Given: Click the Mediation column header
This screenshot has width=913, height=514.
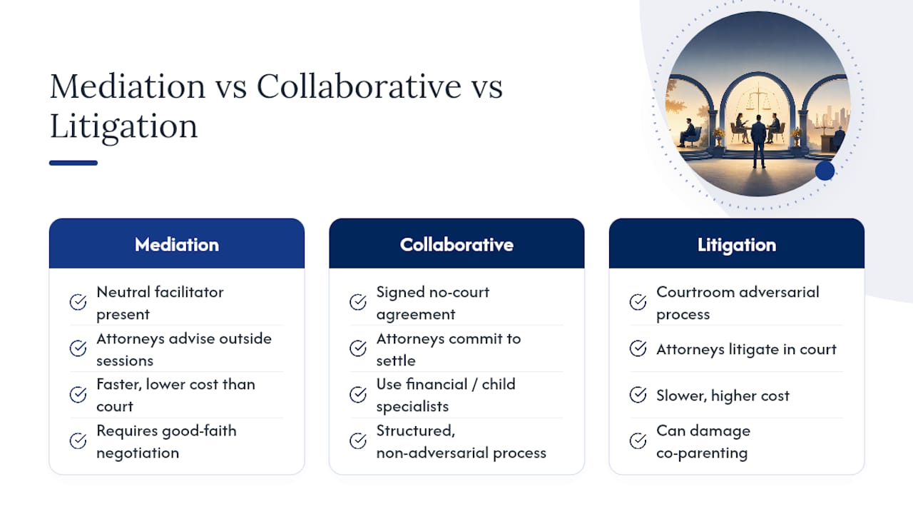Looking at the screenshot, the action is click(x=176, y=244).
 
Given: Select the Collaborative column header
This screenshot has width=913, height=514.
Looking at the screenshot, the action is click(x=456, y=244).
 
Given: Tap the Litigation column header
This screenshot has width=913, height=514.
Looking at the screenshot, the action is click(x=737, y=244).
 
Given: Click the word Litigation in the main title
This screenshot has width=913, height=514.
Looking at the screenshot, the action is click(x=123, y=127).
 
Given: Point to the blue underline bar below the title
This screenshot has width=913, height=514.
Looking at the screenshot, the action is click(x=73, y=163).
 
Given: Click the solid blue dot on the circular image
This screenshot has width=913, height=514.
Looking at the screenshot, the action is click(x=825, y=171).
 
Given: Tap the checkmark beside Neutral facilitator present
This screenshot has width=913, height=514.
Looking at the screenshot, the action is click(x=78, y=302).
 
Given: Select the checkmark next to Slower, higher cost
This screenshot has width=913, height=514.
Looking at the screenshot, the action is click(x=638, y=395).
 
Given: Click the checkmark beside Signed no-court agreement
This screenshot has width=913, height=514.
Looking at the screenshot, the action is click(x=358, y=302).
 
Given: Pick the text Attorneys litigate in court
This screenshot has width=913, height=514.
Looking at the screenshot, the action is click(x=746, y=350).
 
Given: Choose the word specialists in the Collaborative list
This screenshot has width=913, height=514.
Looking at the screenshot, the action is click(x=412, y=407).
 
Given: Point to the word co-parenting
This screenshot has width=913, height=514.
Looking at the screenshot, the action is click(x=702, y=453).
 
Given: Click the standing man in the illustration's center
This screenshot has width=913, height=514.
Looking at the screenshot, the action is click(x=758, y=141).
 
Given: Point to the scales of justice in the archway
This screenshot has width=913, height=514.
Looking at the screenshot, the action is click(x=758, y=98).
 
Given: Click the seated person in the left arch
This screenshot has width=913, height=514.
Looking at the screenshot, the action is click(x=688, y=133).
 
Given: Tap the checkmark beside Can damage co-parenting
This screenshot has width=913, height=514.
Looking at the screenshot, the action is click(x=638, y=441).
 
